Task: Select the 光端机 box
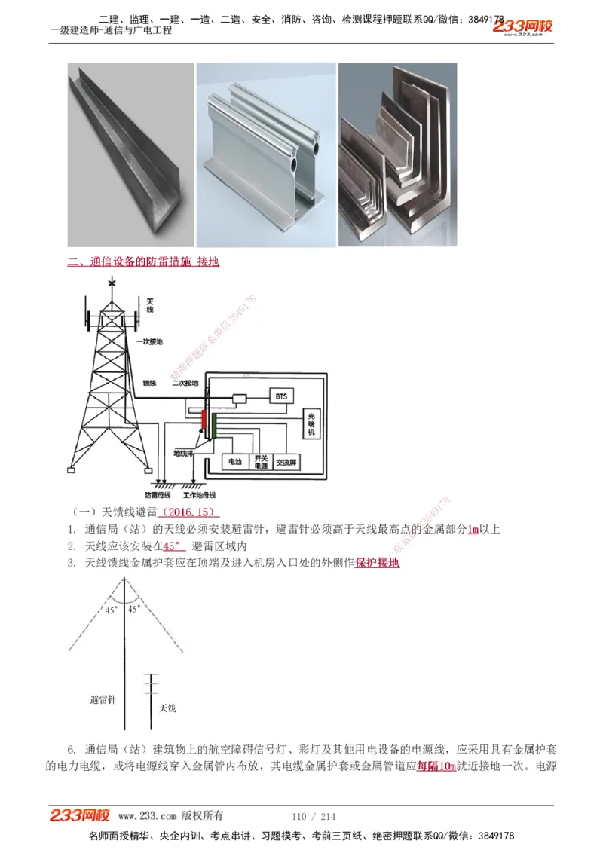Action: pos(310,425)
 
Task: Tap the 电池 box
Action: pos(233,461)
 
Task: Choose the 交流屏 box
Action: pos(286,461)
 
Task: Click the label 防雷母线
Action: pos(157,495)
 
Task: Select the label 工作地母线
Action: pos(199,495)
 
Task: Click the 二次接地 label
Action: pos(185,383)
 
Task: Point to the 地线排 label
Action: pos(183,454)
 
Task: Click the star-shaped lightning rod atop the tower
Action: pos(112,283)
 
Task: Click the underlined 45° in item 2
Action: pos(174,546)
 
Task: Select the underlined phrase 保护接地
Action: pos(377,563)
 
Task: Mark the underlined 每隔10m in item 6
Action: pos(436,766)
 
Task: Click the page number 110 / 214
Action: pos(313,816)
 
